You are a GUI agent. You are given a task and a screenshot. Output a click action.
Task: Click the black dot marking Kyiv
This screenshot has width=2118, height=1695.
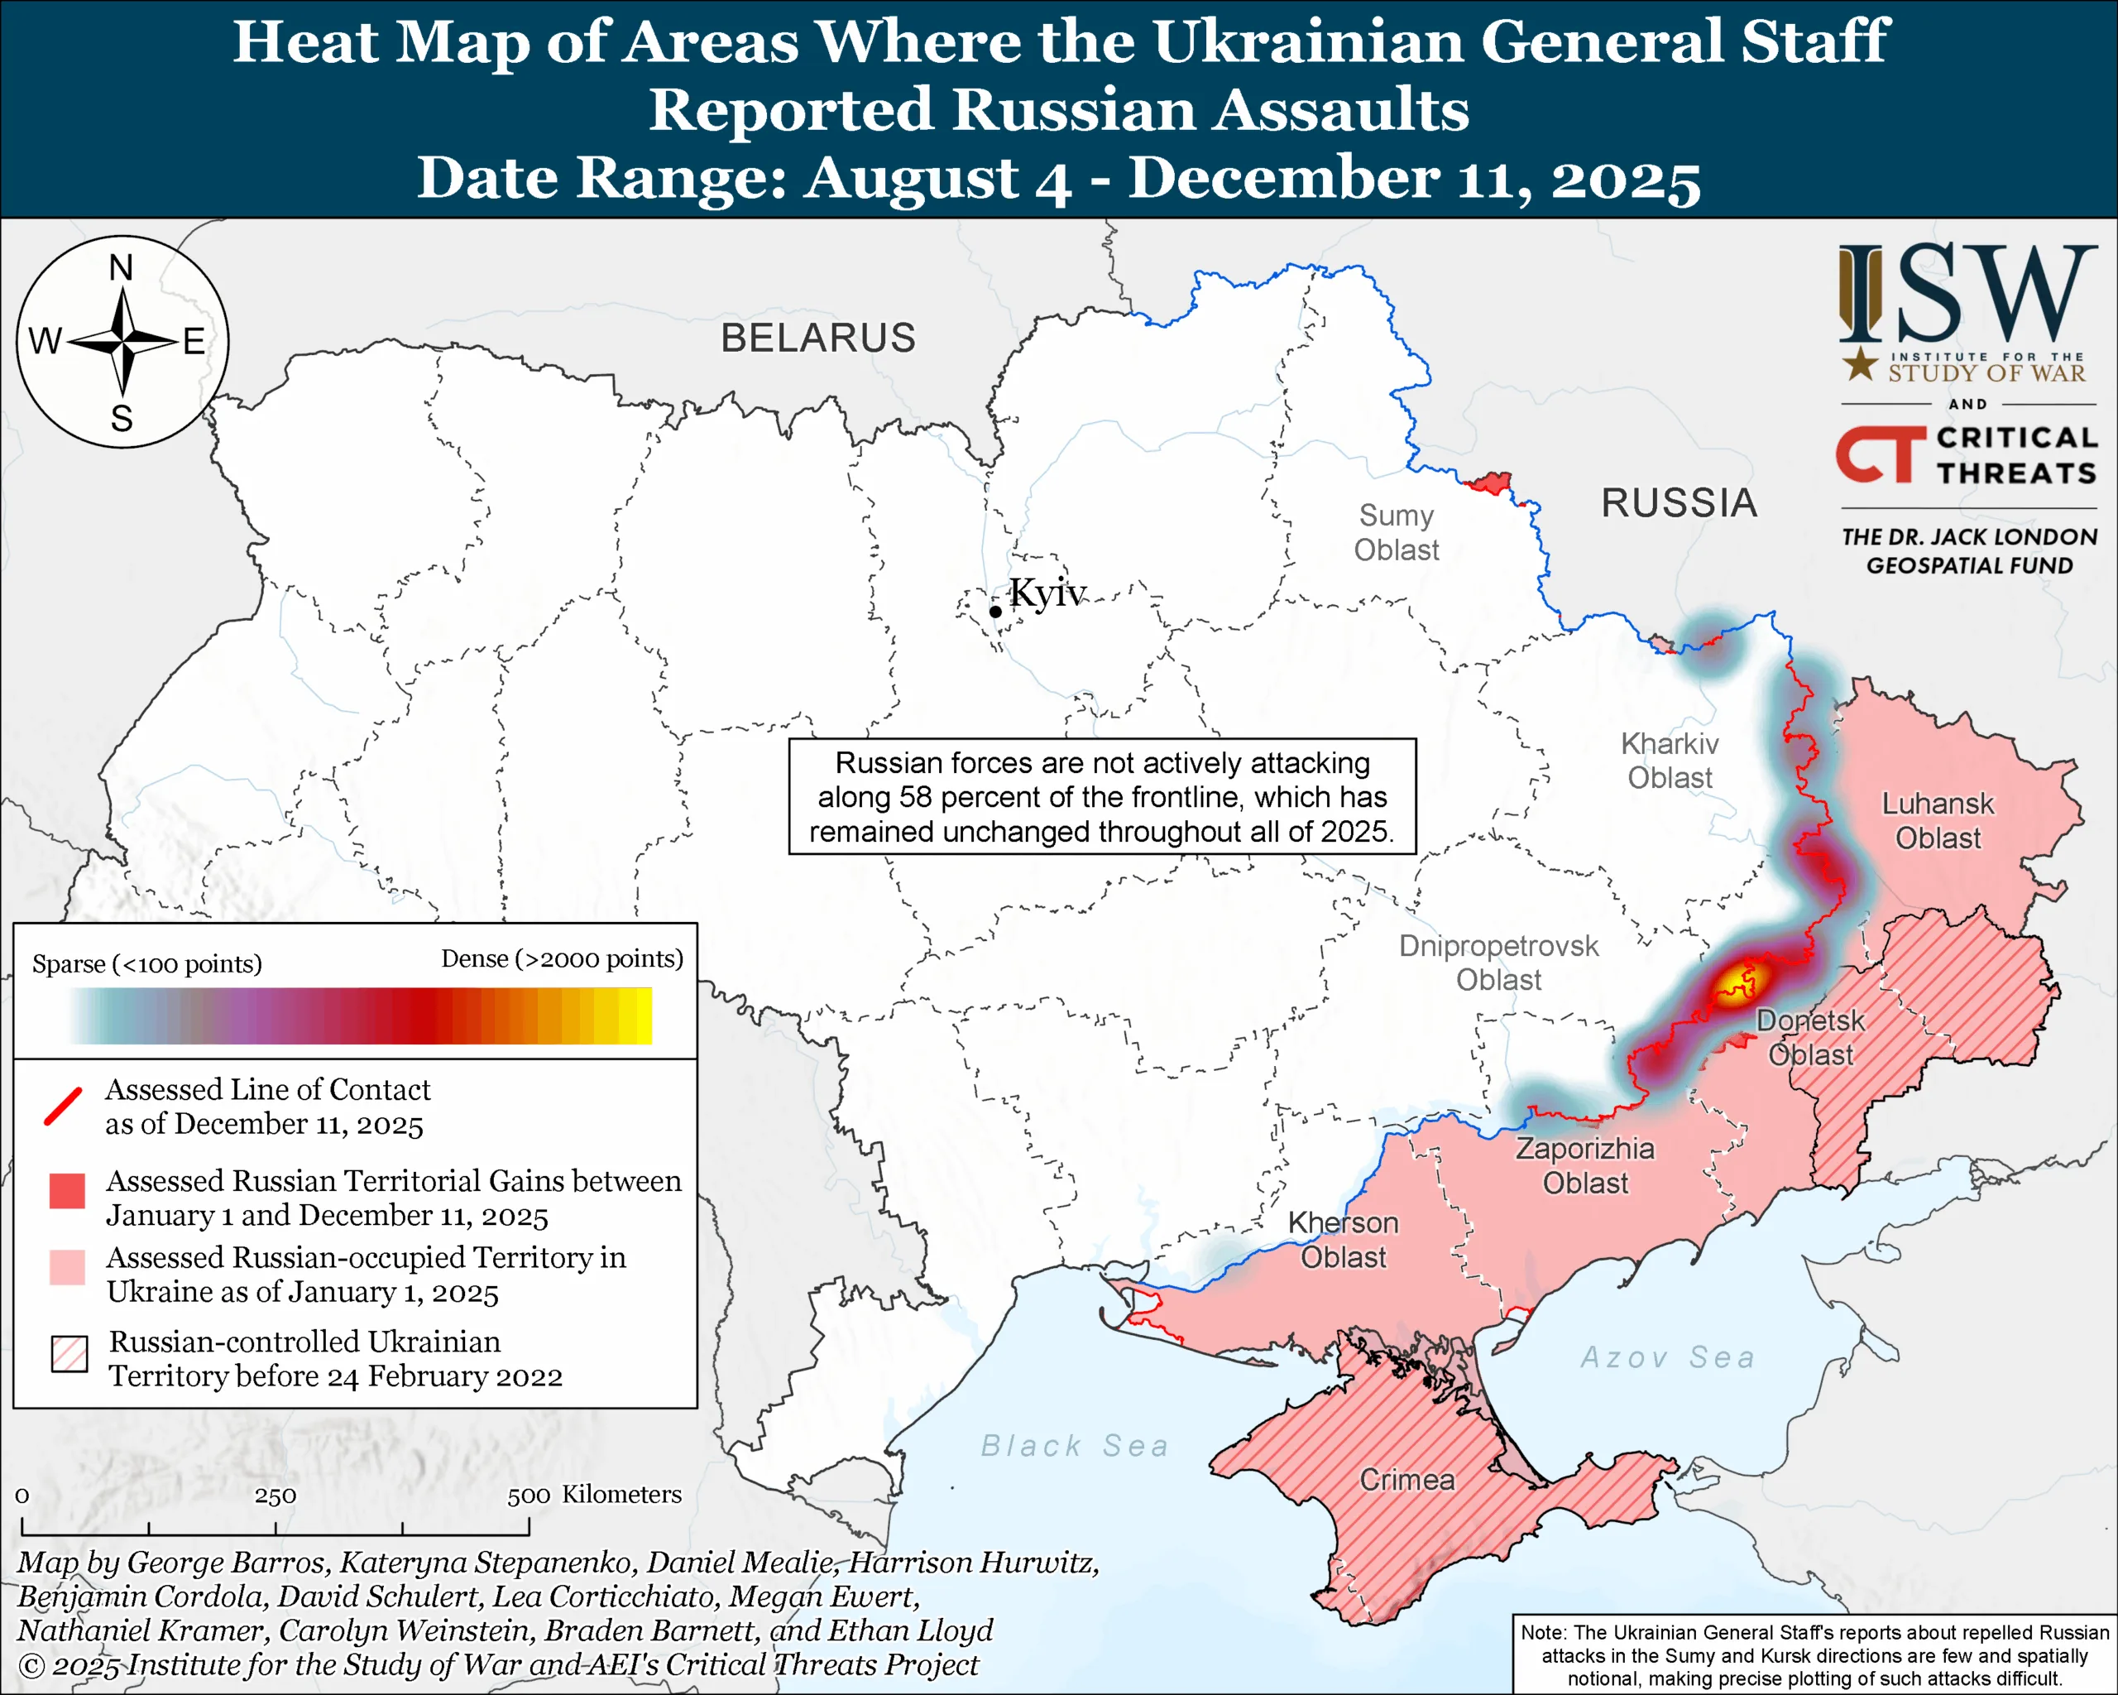point(995,611)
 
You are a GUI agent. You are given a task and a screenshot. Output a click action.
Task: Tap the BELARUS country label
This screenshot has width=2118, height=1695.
point(818,338)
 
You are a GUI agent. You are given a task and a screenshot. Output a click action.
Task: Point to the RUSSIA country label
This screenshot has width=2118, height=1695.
point(1679,503)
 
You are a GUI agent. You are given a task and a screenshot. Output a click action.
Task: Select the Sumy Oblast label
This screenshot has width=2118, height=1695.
point(1396,532)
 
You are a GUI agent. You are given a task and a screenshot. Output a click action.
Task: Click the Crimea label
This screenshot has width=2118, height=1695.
point(1406,1480)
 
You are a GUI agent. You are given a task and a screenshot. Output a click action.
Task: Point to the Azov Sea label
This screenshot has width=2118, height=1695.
point(1667,1358)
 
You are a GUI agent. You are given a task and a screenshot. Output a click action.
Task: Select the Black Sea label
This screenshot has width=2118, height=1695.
point(1075,1447)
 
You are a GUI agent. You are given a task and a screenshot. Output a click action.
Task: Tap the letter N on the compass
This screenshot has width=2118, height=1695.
point(121,267)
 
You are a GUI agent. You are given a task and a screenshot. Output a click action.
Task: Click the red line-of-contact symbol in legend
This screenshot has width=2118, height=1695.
point(63,1107)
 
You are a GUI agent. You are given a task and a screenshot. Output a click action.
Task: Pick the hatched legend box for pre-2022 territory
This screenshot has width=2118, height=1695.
point(69,1354)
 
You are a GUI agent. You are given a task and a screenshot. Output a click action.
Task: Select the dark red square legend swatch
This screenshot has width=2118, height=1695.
point(67,1190)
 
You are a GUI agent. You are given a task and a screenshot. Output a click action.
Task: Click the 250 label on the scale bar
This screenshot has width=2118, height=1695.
point(275,1496)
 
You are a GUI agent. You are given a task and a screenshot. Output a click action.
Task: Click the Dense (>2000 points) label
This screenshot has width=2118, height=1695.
point(562,958)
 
